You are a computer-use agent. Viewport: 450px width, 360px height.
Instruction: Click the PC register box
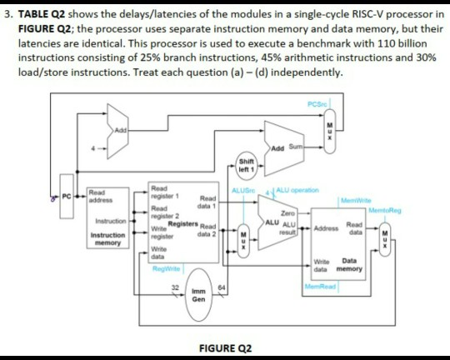(70, 197)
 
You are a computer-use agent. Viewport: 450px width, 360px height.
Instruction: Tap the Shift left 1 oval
(246, 165)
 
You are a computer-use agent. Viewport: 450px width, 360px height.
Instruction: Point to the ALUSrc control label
(243, 190)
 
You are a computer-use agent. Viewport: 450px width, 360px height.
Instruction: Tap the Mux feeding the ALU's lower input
(242, 234)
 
